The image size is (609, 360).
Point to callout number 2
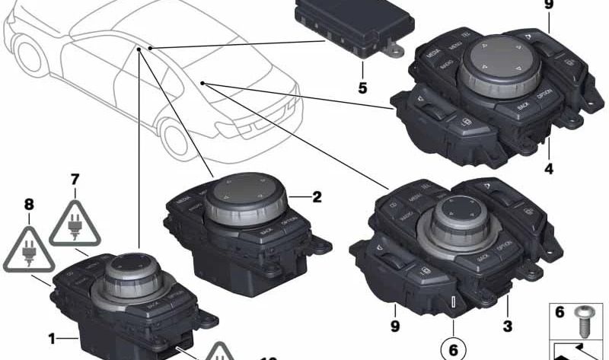317,196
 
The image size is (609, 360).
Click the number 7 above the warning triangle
75,180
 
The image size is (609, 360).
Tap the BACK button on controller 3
482,259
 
